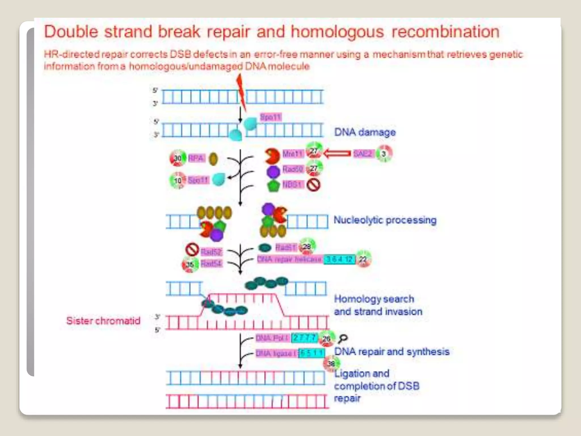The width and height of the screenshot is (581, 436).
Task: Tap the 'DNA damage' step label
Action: click(365, 132)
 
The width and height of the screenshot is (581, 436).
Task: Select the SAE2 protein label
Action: click(362, 154)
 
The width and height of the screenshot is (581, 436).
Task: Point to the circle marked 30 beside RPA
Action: click(178, 158)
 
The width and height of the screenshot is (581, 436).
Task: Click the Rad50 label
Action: click(293, 169)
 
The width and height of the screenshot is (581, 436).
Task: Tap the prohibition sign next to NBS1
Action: click(314, 185)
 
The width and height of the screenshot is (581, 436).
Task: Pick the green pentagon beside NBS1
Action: click(273, 186)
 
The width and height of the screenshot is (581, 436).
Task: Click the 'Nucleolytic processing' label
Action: click(385, 220)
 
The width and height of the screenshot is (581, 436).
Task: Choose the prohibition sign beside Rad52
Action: click(192, 250)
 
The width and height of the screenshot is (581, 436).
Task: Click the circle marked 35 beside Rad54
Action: click(190, 265)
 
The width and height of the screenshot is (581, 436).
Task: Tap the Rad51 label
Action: click(286, 248)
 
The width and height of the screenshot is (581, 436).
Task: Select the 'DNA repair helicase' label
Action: click(289, 259)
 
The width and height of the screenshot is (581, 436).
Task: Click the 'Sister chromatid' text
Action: click(103, 321)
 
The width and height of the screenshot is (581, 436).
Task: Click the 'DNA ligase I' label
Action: click(277, 353)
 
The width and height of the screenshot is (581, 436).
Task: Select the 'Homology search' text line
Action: click(374, 299)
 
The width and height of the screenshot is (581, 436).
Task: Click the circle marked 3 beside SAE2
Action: click(384, 154)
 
